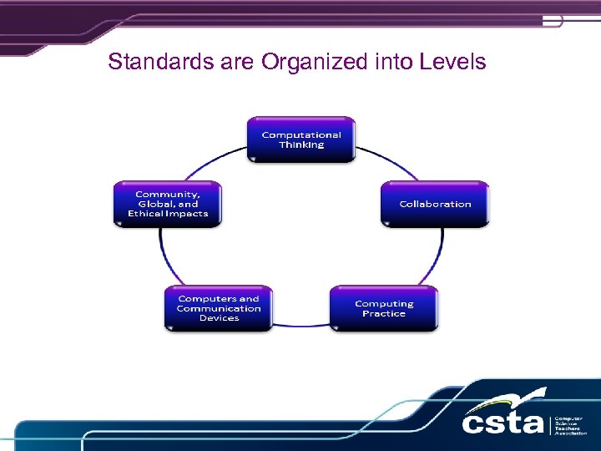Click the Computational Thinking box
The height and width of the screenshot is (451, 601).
click(301, 139)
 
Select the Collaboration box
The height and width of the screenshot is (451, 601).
click(435, 204)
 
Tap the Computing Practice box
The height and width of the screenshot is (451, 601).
click(384, 308)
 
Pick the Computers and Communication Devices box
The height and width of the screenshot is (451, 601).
click(219, 308)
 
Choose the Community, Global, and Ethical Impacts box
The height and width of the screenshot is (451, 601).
click(168, 204)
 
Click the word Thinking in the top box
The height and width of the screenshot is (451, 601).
click(301, 144)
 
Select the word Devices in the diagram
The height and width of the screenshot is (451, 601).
click(219, 318)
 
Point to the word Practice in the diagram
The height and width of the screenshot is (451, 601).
click(384, 314)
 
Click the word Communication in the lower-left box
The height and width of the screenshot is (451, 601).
click(219, 308)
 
